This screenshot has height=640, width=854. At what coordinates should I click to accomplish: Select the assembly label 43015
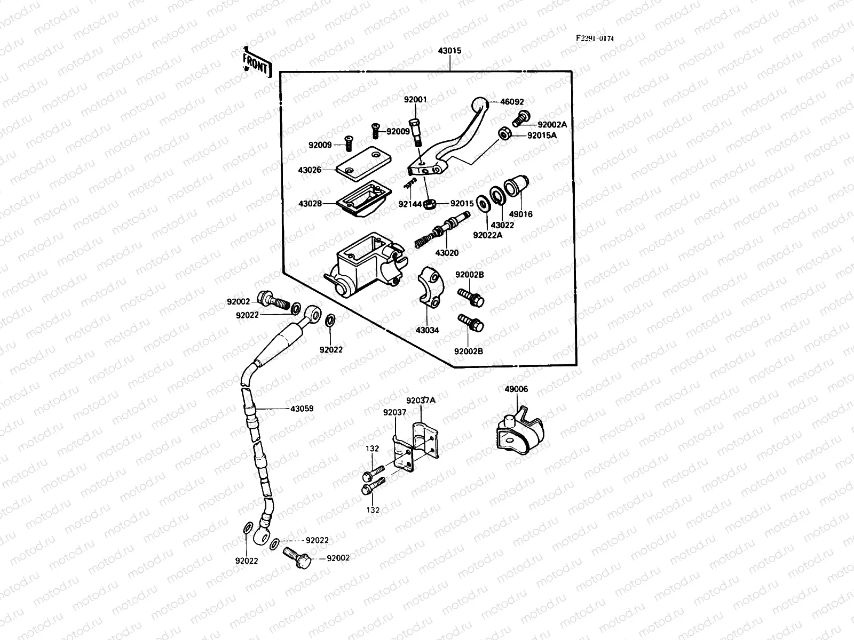(450, 51)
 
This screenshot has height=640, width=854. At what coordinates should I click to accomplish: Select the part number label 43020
(447, 253)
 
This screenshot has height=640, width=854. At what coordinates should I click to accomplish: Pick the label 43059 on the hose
(302, 409)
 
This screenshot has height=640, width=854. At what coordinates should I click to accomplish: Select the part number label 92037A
(421, 401)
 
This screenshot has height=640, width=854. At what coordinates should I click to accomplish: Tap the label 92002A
(552, 124)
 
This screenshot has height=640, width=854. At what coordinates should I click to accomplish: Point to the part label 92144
(409, 204)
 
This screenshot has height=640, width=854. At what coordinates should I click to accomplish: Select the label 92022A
(488, 233)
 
